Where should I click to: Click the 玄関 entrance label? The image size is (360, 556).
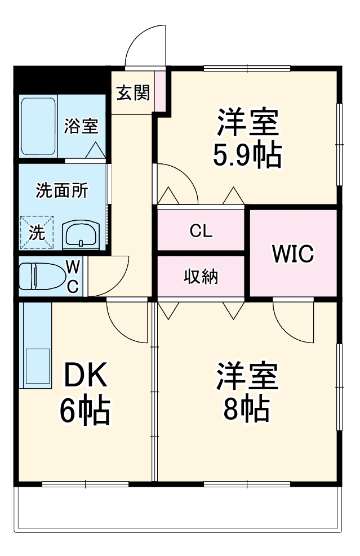(133, 92)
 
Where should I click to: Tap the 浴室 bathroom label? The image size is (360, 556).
(81, 126)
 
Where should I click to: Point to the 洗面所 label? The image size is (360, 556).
(61, 190)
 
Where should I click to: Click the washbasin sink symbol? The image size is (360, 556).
(81, 234)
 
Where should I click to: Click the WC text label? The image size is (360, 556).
(73, 276)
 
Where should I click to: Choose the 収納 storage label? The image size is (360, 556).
(201, 277)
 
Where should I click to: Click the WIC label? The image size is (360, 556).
(292, 254)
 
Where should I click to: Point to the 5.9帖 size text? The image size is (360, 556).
(246, 155)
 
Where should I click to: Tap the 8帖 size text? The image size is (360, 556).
(246, 410)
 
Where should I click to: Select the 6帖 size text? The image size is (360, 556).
(85, 411)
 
